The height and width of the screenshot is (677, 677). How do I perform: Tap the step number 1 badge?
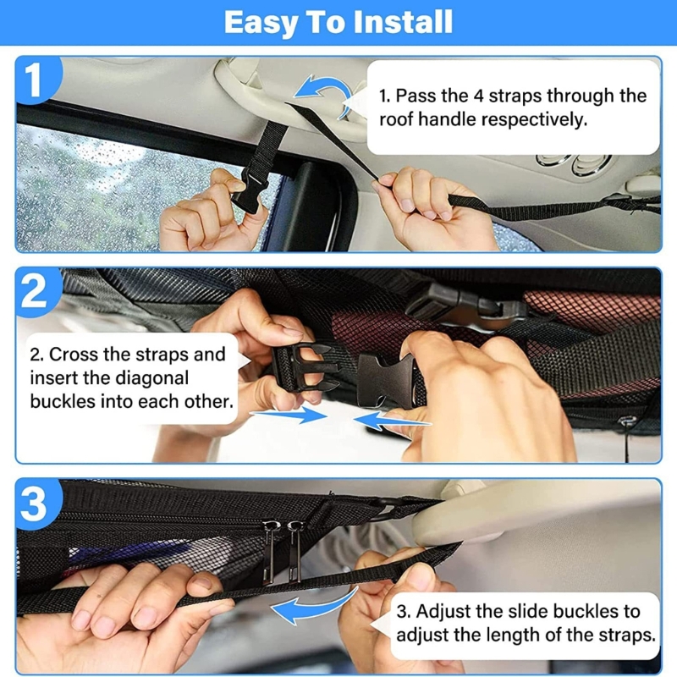coord(33,81)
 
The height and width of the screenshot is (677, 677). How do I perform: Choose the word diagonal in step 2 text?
coord(148,377)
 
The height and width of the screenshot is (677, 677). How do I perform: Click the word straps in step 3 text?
coord(621,632)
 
